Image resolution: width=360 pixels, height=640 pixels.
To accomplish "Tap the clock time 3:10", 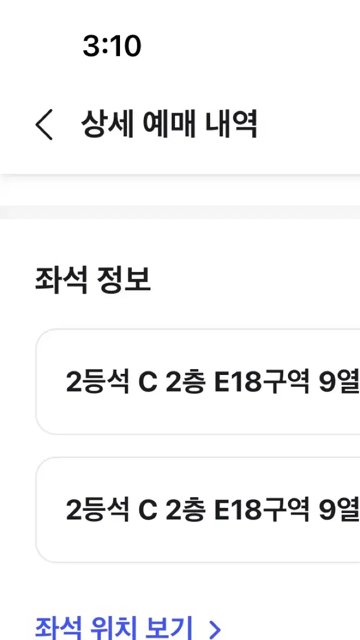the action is tap(112, 46).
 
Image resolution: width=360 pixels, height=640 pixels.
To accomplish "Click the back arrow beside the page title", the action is tap(44, 125).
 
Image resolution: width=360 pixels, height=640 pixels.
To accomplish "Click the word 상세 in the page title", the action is tap(107, 123).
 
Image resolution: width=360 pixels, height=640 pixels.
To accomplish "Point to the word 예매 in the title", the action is tap(169, 123).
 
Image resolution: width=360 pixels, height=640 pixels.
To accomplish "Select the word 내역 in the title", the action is tap(231, 123).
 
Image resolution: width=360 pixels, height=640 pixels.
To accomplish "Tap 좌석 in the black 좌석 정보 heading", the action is tap(61, 279).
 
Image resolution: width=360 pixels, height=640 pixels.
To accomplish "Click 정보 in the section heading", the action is tap(124, 279).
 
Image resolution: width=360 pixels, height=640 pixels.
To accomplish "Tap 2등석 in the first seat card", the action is tap(98, 381).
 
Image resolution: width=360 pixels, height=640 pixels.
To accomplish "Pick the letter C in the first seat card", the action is tap(148, 382).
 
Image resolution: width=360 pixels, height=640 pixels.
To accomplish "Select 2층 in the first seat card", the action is tap(186, 381).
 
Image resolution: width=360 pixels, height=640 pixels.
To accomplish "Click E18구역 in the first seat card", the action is tap(262, 381).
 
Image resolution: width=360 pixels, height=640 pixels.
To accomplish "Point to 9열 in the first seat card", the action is tap(339, 381).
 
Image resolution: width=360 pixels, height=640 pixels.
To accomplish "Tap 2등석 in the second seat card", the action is tap(98, 509).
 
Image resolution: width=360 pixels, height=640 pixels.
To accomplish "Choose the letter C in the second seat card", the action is tap(148, 510).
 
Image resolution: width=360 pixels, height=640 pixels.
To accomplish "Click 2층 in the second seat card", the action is tap(186, 509).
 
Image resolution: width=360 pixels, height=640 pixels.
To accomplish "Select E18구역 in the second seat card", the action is tap(262, 509).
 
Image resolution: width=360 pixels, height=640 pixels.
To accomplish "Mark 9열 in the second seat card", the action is tap(339, 509).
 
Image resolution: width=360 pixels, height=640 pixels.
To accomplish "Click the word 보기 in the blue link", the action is tap(169, 628).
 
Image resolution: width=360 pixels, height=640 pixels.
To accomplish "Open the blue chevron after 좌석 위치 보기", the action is tap(215, 629).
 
